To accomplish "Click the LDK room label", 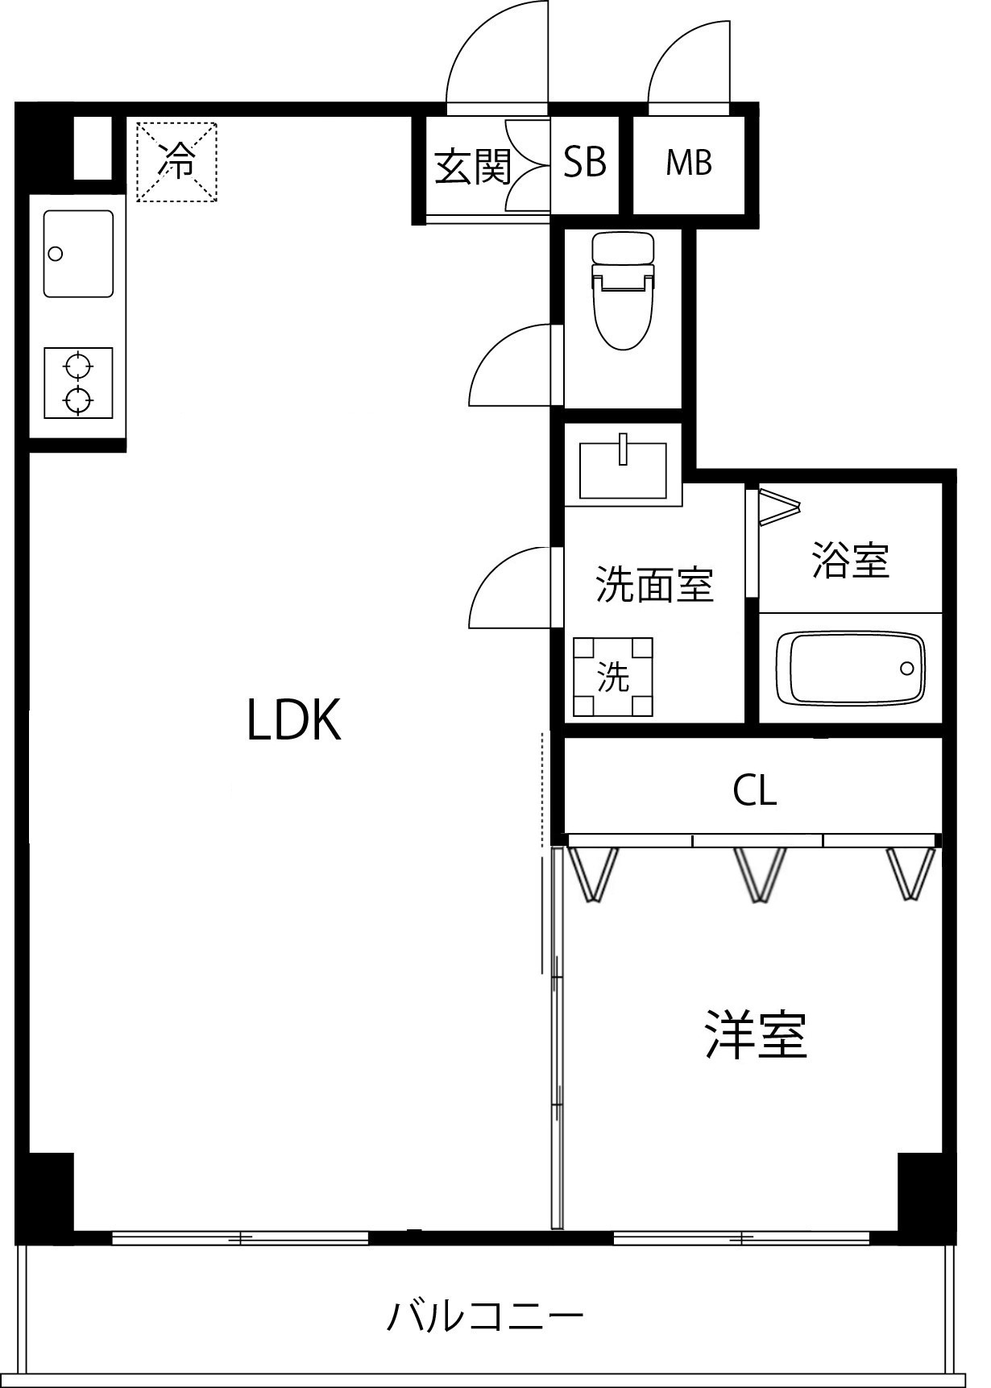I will [x=294, y=720].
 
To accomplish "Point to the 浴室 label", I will [x=851, y=561].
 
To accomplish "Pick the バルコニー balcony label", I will [x=486, y=1317].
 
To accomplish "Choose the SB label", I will [x=585, y=163].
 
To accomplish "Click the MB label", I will [x=689, y=164].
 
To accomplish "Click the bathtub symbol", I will [x=855, y=668].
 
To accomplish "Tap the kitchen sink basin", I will [x=77, y=254].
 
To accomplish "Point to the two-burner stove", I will [x=77, y=383].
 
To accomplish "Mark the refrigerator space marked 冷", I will [x=176, y=161].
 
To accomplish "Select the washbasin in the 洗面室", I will [x=623, y=471].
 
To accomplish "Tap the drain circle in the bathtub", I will [x=908, y=668].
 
